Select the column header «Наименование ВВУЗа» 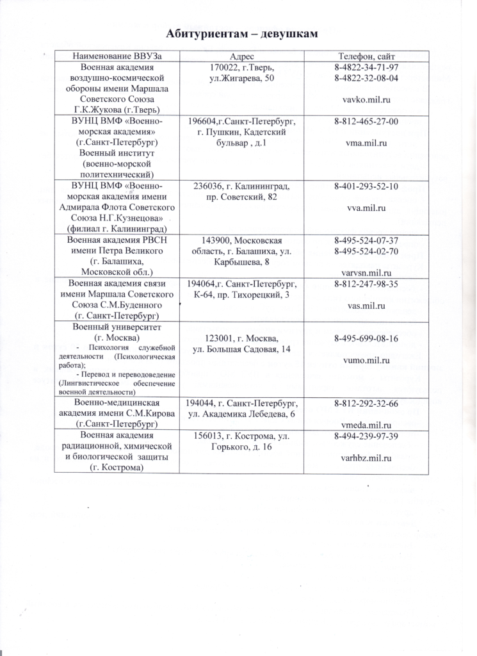click(117, 56)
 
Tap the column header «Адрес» click(242, 56)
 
